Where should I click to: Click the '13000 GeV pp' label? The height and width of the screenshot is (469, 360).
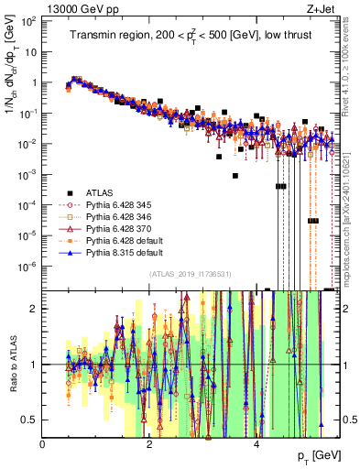coord(74,8)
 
